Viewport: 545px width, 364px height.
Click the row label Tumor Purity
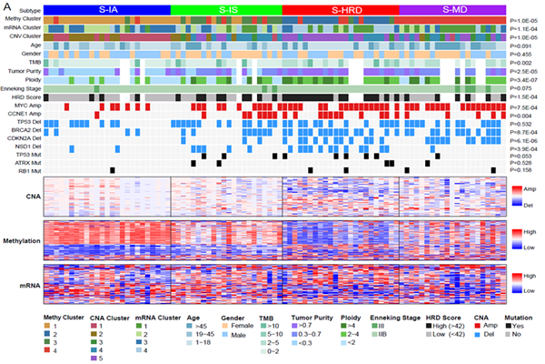[24, 71]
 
